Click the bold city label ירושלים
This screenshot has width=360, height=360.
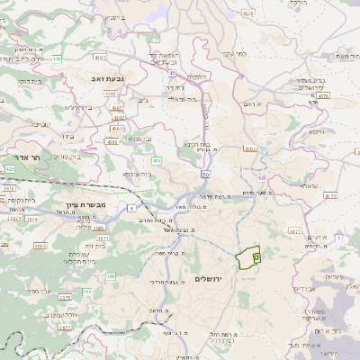point(213,279)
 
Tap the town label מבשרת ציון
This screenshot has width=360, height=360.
point(86,205)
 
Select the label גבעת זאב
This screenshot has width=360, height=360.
point(100,80)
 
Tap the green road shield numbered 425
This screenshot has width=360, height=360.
point(10,168)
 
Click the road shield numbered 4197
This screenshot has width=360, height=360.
point(249,148)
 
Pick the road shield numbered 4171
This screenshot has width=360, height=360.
point(329,194)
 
